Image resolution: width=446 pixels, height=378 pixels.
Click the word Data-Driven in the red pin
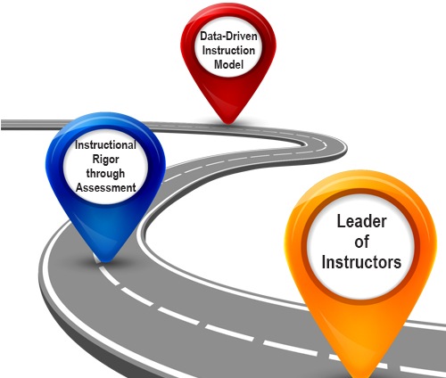click(x=228, y=37)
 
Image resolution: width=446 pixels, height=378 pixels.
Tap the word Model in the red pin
click(x=228, y=64)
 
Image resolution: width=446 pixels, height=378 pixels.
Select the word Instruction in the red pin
click(x=228, y=50)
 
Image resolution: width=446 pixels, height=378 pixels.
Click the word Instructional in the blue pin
click(x=105, y=145)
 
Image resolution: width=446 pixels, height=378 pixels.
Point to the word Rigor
click(x=105, y=160)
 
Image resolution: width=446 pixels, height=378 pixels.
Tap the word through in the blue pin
click(x=105, y=173)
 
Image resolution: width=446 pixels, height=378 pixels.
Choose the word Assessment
click(x=105, y=187)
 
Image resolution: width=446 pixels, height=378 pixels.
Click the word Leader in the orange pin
click(x=361, y=221)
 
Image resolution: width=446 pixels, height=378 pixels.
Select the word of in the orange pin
click(x=361, y=242)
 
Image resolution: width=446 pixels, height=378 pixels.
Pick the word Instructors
click(x=361, y=262)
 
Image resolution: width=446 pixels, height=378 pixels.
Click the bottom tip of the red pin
click(x=228, y=123)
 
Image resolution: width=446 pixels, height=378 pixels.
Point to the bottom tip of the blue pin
click(x=105, y=261)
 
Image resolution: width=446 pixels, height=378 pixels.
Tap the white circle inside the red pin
click(x=228, y=50)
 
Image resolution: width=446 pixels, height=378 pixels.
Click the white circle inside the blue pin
click(x=105, y=167)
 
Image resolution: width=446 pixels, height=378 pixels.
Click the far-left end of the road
click(x=3, y=124)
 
